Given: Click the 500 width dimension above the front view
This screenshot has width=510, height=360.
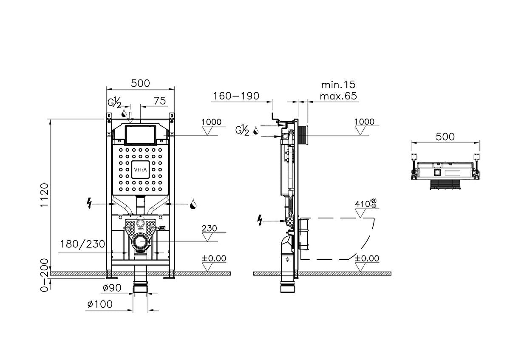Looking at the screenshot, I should click(x=140, y=83).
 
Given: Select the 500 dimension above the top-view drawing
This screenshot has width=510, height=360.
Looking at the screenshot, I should click(x=445, y=137).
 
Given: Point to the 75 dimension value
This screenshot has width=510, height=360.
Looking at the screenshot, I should click(x=159, y=101).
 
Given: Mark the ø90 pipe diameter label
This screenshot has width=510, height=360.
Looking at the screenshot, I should click(x=111, y=288).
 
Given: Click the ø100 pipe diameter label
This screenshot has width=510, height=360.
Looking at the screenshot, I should click(x=100, y=304).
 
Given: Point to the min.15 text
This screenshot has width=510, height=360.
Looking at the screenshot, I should click(x=338, y=85).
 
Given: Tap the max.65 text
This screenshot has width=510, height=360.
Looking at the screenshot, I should click(x=338, y=96).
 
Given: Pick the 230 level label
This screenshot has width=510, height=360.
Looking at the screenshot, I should click(x=209, y=228).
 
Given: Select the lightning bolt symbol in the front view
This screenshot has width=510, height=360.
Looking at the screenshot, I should click(x=89, y=204).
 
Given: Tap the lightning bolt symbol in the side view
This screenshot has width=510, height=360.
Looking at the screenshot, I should click(x=261, y=220).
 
